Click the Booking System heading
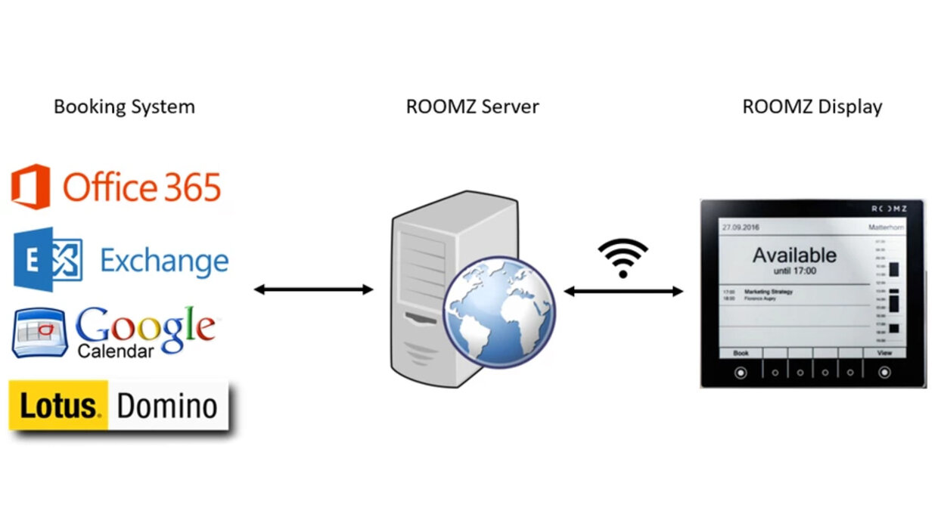[124, 107]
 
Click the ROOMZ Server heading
[472, 107]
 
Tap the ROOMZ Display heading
[812, 107]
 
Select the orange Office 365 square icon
[30, 187]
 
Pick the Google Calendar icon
[40, 333]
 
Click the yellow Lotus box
[59, 406]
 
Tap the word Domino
[167, 406]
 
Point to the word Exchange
[164, 261]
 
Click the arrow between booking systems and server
[313, 289]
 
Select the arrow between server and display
[623, 292]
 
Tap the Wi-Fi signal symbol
[623, 258]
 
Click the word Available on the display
[794, 255]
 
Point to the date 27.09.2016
[741, 227]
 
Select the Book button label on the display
[741, 353]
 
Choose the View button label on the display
[884, 353]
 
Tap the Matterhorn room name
[887, 227]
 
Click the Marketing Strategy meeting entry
[769, 291]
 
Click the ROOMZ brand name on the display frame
[889, 209]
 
